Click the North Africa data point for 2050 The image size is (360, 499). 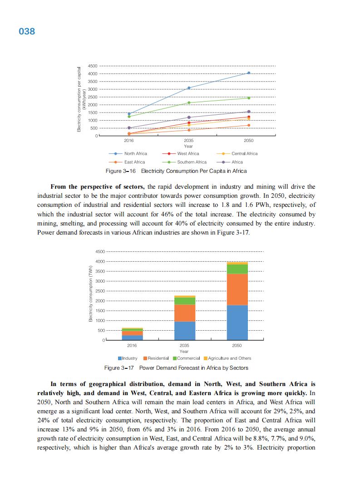click(x=248, y=73)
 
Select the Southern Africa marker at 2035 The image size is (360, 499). click(x=189, y=103)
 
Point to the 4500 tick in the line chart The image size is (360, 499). click(x=92, y=66)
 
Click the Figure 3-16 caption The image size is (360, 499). click(x=176, y=171)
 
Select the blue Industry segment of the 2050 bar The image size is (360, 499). click(x=237, y=323)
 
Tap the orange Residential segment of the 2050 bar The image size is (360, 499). click(x=237, y=289)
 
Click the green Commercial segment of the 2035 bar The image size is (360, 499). click(x=185, y=301)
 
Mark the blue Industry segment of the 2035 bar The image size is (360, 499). click(x=185, y=331)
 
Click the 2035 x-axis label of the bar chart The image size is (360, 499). click(x=184, y=346)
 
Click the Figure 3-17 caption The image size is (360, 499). click(x=176, y=367)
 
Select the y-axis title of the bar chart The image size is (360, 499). click(x=90, y=295)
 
